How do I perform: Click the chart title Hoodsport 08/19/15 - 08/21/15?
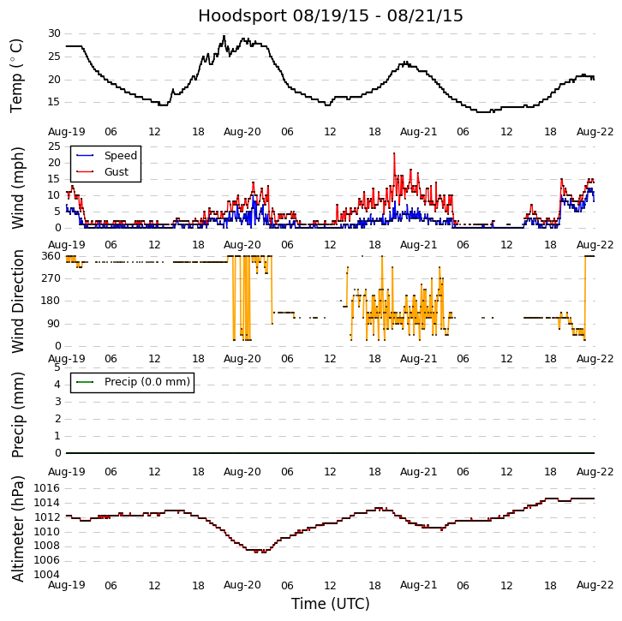pos(330,16)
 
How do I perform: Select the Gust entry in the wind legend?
pos(116,172)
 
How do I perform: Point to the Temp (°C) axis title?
pos(17,75)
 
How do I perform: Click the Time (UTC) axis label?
pos(330,604)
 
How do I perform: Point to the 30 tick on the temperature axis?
pos(54,33)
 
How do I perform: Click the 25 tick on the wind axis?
pos(54,146)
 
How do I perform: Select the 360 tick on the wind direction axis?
pos(51,256)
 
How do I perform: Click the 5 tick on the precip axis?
pos(57,367)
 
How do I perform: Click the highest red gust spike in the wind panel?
pos(394,154)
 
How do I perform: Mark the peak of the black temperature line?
pos(224,36)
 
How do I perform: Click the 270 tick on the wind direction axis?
pos(51,278)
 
